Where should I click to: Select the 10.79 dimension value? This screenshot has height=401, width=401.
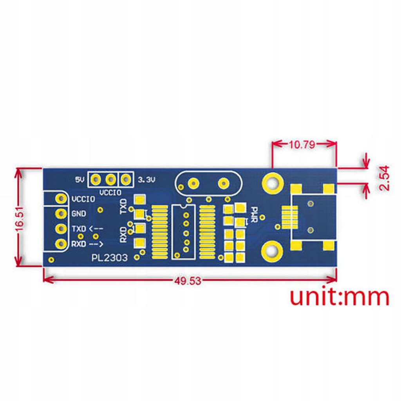coord(302,144)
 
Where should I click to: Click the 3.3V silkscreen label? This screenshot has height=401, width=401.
coord(147,180)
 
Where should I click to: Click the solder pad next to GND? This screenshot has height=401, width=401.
coord(61,214)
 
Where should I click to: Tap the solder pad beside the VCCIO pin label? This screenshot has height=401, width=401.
coord(61,199)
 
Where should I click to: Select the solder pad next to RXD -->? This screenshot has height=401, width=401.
coord(61,244)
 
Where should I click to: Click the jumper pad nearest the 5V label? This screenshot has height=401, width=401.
coord(95,179)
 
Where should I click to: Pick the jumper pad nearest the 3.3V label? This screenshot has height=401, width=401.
coord(125,179)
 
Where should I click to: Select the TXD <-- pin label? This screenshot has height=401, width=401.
coord(87,229)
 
